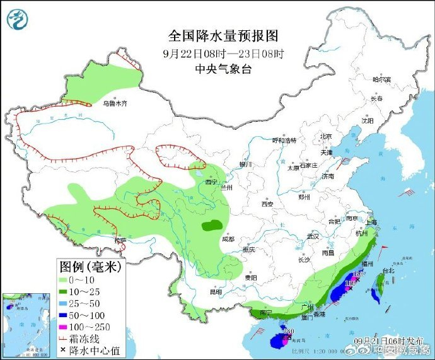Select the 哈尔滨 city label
[x=381, y=79]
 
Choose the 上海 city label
[x=371, y=222]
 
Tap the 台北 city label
[x=388, y=270]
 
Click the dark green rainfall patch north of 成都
[x=212, y=224]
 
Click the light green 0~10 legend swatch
[x=64, y=280]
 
